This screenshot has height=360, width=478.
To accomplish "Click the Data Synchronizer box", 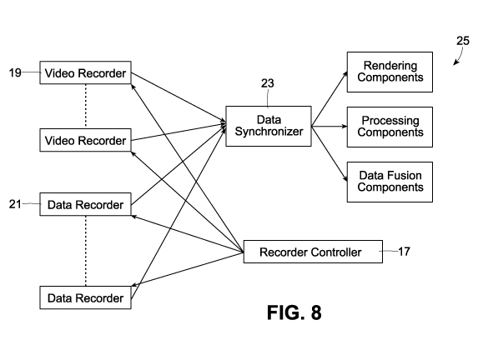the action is [x=269, y=126].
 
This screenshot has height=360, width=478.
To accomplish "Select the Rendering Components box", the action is [x=390, y=72].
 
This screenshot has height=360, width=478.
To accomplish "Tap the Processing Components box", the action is [x=390, y=127].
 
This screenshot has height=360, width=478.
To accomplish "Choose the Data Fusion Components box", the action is [x=390, y=182].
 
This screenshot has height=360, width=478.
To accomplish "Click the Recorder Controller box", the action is [x=313, y=252].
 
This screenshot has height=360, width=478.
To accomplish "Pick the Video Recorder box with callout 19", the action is [x=85, y=72].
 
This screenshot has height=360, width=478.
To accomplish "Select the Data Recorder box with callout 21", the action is [x=85, y=204].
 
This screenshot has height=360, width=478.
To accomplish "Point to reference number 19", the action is [x=15, y=72].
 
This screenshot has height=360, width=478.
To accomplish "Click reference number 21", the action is [x=15, y=204].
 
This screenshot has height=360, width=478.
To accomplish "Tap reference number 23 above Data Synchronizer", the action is [x=267, y=83].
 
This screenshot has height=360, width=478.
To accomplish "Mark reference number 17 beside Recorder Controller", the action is [x=404, y=252].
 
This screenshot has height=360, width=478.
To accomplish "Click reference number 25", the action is [x=463, y=41].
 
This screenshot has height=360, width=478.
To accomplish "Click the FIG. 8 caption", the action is [x=294, y=312].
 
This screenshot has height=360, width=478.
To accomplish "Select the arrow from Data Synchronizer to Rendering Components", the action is [x=330, y=98].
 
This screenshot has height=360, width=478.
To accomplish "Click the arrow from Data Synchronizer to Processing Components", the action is [x=330, y=126].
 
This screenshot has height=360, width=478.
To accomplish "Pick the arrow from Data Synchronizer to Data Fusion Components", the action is [x=330, y=154].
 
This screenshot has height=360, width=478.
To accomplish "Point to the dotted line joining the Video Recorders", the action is [x=86, y=106].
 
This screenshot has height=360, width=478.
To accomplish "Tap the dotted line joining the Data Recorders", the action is [x=86, y=251].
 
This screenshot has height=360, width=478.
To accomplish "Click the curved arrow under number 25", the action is [x=460, y=57].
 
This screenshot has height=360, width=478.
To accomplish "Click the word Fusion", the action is [x=406, y=176].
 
